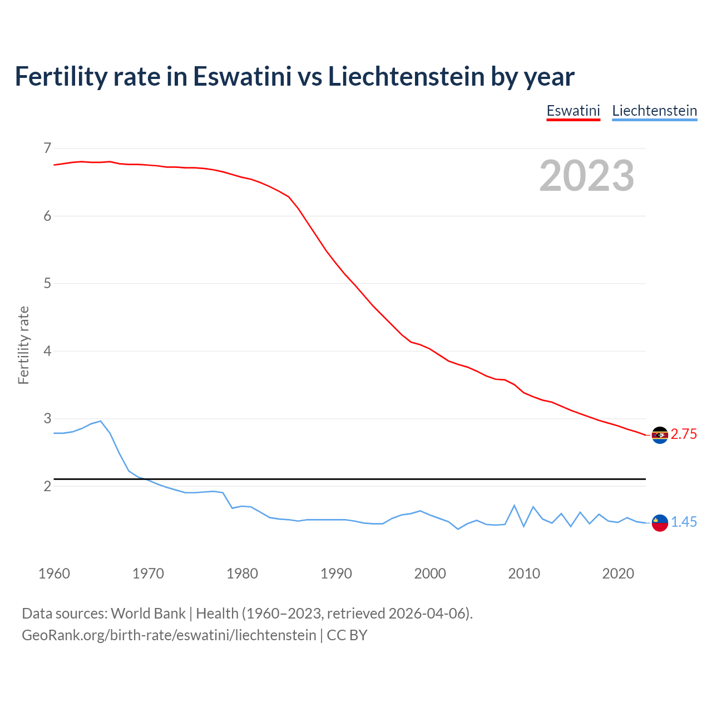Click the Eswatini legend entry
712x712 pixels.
tap(573, 111)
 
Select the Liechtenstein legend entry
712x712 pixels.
tap(654, 111)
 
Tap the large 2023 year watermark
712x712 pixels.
tap(587, 176)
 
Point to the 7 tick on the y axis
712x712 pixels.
tap(47, 148)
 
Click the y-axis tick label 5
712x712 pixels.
tap(47, 284)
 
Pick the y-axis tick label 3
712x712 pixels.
tap(47, 418)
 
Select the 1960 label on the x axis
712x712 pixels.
tap(54, 573)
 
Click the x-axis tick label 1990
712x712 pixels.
tap(336, 573)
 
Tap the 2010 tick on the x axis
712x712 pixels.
tap(524, 573)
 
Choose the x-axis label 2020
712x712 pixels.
tap(618, 573)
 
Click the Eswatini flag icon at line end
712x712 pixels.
tap(660, 435)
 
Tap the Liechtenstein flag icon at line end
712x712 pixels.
tap(660, 523)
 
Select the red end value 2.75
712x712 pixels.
tap(684, 434)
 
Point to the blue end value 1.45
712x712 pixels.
tap(684, 522)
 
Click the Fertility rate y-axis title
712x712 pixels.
tap(23, 345)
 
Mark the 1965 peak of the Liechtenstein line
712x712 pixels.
tap(101, 421)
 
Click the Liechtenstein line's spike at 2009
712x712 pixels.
tap(514, 506)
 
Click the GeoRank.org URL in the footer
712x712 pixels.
tap(169, 635)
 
